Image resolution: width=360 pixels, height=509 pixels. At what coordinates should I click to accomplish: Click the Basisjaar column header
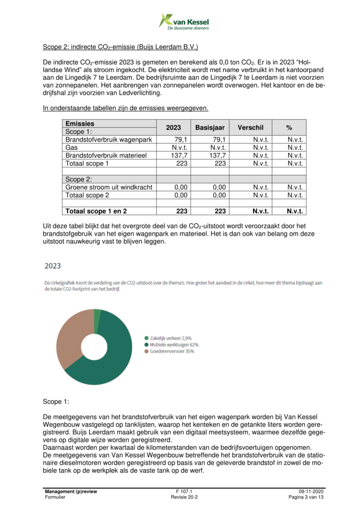click(210, 128)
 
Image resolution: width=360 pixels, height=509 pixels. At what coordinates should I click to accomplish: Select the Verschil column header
click(251, 128)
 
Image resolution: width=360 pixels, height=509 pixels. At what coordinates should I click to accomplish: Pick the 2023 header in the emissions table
click(174, 128)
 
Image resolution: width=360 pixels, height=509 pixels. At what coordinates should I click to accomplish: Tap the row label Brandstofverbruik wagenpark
click(109, 140)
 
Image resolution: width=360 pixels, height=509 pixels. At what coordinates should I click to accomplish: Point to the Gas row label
click(72, 148)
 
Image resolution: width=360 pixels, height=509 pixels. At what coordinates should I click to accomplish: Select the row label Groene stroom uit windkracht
click(109, 187)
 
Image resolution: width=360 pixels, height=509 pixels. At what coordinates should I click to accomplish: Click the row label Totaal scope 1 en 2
click(96, 211)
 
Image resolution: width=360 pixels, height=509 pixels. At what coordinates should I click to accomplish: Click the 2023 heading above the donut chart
click(53, 266)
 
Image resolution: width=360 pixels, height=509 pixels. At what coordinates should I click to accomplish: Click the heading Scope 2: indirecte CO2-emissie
click(120, 48)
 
